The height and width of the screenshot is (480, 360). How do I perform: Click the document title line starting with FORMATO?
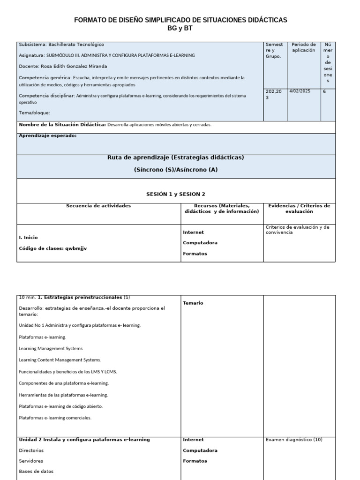pos(180,20)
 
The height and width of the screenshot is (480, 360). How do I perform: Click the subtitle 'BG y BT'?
pos(180,28)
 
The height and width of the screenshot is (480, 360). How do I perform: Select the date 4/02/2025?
pos(300,92)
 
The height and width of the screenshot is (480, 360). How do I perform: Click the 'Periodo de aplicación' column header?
pos(303,47)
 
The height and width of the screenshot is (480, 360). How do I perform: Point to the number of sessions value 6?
pos(324,92)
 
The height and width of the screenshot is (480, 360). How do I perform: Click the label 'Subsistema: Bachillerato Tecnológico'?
pos(61,45)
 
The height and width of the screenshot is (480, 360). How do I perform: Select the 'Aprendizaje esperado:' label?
pos(47,135)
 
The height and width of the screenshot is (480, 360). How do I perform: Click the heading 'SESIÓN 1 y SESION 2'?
pos(176,194)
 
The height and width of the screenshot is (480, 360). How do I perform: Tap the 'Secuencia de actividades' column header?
pos(98,206)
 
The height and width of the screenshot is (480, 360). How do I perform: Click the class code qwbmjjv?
pos(76,248)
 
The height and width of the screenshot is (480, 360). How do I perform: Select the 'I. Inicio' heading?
pos(28,238)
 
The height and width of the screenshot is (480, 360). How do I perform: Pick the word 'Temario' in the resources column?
pos(193,303)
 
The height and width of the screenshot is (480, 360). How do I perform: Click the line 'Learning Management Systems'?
pos(51,349)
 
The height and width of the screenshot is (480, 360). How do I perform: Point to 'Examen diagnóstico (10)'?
pos(294,440)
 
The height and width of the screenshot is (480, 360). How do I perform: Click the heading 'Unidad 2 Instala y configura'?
pos(84,440)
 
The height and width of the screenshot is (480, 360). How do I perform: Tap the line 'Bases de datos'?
pos(36,472)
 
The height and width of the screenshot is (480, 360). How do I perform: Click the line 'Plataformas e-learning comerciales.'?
pos(55,418)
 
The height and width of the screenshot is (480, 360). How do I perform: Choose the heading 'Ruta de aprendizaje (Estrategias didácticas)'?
pos(176,157)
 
